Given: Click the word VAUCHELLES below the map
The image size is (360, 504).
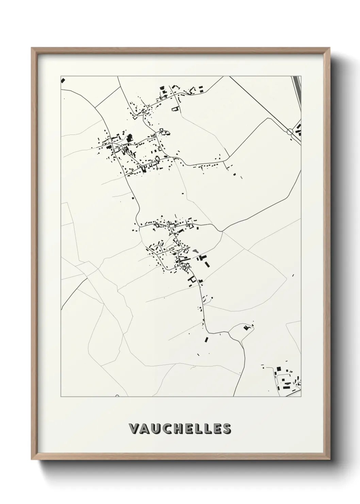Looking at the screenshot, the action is point(180,429).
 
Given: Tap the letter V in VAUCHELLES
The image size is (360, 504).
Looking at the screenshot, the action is point(134,429).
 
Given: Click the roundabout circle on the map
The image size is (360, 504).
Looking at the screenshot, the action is point(290,131).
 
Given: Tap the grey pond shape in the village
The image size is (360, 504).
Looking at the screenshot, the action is point(195,251).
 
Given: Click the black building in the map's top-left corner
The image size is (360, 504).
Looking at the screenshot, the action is point(63,80).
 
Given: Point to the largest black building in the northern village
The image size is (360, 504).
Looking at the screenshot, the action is point(129,139).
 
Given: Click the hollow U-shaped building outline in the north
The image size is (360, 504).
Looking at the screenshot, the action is point(175,109).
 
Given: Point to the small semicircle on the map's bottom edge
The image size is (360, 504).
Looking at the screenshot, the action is point(117,396).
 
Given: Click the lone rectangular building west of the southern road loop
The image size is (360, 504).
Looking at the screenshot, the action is point(206,339).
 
